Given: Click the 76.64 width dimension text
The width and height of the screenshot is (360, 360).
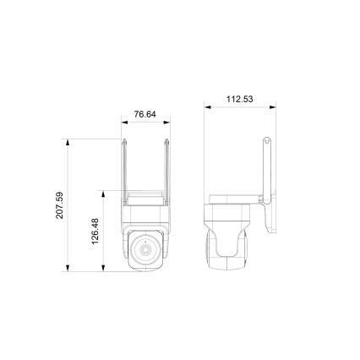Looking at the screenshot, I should coord(145,114).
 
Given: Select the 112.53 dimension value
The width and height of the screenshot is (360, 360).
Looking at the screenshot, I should coord(240,98).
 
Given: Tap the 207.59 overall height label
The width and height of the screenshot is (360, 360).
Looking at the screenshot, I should coord(60,205).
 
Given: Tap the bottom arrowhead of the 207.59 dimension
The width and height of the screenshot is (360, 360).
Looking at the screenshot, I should coord(68,270).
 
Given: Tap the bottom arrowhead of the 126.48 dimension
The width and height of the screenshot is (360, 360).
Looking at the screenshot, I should coord(104,270).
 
